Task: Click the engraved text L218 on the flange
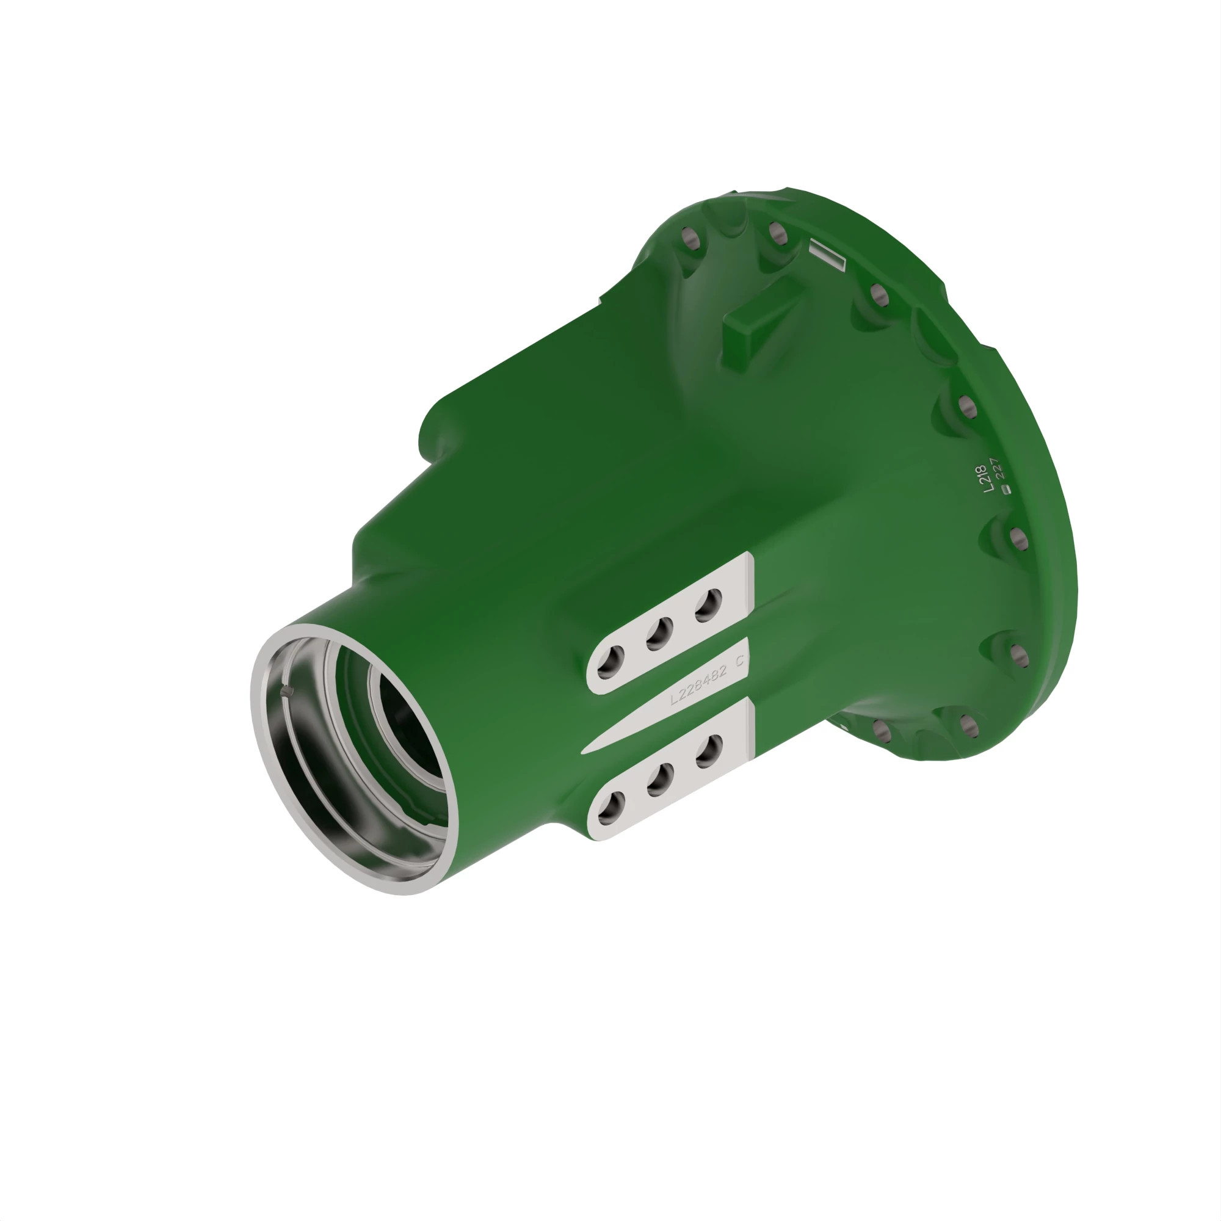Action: [982, 479]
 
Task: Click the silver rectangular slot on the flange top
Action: [828, 255]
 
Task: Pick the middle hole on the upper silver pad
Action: [660, 633]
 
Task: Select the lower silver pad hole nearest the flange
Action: [709, 751]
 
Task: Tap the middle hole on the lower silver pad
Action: [661, 779]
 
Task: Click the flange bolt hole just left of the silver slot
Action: [777, 233]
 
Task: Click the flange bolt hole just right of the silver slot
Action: [879, 295]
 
